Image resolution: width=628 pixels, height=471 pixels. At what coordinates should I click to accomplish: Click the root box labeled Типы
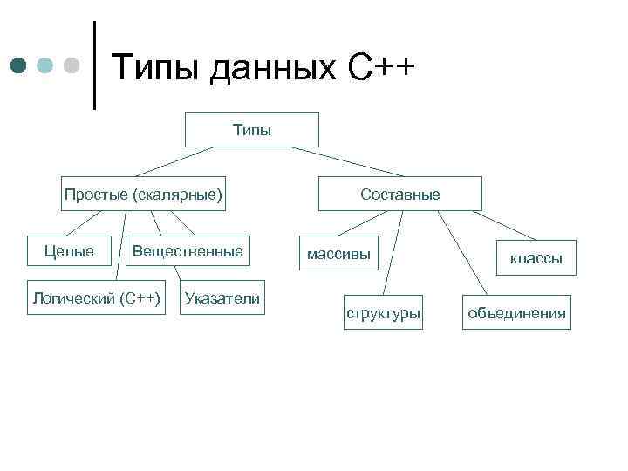(x=252, y=129)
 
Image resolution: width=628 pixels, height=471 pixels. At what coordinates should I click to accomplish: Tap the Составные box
(x=400, y=194)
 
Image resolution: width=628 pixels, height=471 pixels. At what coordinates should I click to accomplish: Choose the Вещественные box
(x=187, y=251)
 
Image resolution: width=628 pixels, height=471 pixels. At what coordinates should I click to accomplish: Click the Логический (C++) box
(x=96, y=298)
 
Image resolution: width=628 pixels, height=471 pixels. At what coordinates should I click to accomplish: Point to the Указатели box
(x=222, y=298)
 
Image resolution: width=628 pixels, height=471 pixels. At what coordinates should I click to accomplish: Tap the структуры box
(x=383, y=312)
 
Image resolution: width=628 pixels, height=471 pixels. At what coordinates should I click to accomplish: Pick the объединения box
(x=516, y=312)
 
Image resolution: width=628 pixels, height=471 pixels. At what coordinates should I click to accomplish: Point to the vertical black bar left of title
(x=94, y=65)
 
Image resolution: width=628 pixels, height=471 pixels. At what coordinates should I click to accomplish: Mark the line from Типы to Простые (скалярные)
(x=174, y=161)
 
